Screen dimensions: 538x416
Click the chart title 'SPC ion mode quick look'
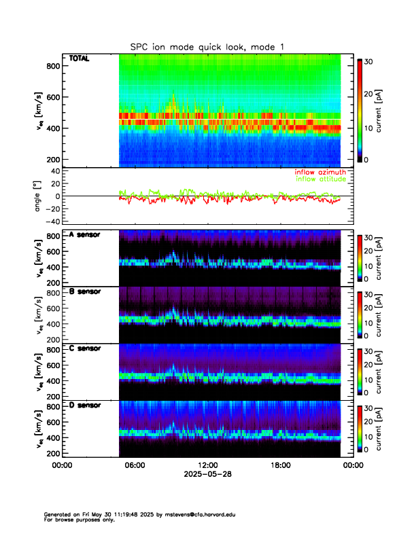tap(208, 47)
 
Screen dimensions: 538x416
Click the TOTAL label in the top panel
tap(80, 59)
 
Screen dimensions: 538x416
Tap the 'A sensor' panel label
tap(85, 234)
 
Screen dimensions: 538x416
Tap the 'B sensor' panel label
tap(85, 291)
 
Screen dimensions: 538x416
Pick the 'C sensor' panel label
tap(85, 348)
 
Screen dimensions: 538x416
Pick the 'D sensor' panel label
tap(85, 406)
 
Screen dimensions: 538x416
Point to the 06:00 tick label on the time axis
tap(135, 465)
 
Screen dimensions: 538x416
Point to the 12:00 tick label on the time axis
tap(207, 465)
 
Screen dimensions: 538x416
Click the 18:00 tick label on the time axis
tap(280, 465)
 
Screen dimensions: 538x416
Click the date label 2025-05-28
tap(207, 474)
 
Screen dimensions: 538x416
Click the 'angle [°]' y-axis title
tap(39, 196)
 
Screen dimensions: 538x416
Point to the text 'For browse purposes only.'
tap(76, 520)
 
